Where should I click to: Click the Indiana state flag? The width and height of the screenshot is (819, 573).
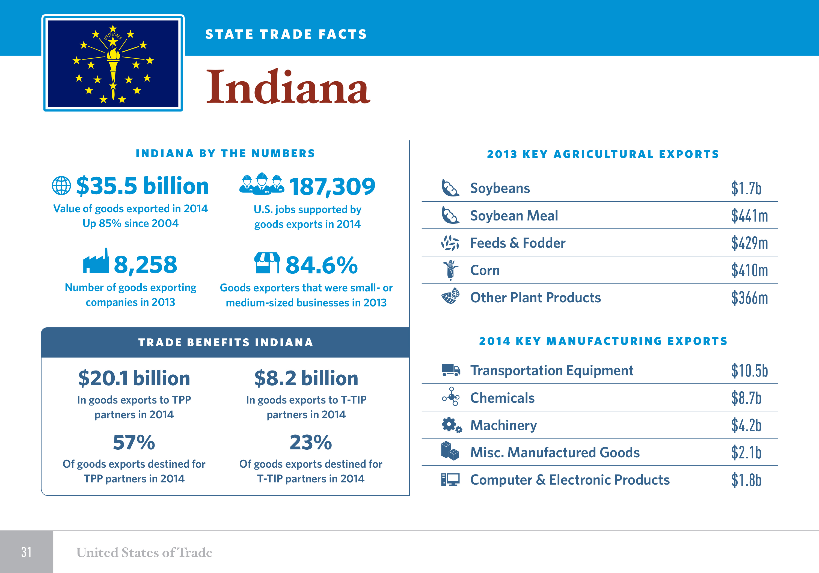113,63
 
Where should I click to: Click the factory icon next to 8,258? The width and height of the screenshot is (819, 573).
96,261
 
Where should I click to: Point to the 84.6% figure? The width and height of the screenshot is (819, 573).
321,265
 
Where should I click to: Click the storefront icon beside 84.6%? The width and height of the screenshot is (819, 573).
267,263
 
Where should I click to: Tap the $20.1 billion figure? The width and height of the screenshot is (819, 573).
134,378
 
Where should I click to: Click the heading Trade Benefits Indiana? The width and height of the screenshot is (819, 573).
225,342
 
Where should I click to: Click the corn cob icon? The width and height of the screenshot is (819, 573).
450,270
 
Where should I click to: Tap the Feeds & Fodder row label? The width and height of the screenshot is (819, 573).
517,243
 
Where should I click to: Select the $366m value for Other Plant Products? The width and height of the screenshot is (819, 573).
749,298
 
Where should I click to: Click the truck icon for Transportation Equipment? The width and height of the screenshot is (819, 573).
450,370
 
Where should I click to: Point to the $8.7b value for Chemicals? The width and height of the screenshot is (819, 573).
746,398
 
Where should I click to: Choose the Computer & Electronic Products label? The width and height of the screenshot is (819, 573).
570,480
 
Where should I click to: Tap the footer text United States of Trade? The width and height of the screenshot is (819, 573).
144,552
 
